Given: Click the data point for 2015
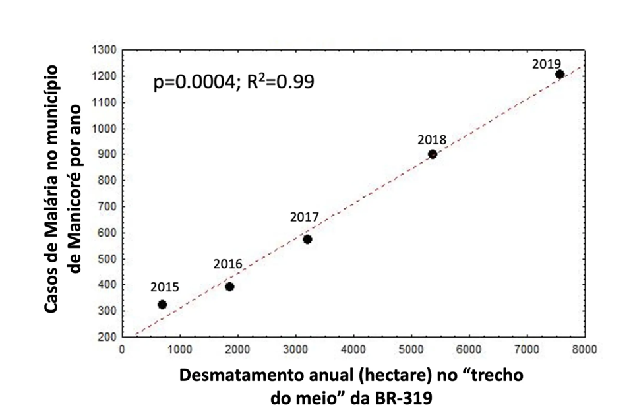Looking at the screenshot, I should click(162, 305).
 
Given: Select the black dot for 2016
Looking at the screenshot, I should click(229, 287).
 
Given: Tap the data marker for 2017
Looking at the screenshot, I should click(307, 239).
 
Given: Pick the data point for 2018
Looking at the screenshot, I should click(433, 154).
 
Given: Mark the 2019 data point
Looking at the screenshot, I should click(560, 75).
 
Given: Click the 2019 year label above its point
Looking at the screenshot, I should click(547, 64).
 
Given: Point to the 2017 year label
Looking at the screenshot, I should click(305, 217).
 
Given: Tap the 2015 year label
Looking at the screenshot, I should click(164, 287).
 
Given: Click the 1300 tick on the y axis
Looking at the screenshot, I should click(105, 50).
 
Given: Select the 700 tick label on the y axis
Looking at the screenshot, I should click(107, 207).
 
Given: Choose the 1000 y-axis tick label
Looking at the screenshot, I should click(105, 129).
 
